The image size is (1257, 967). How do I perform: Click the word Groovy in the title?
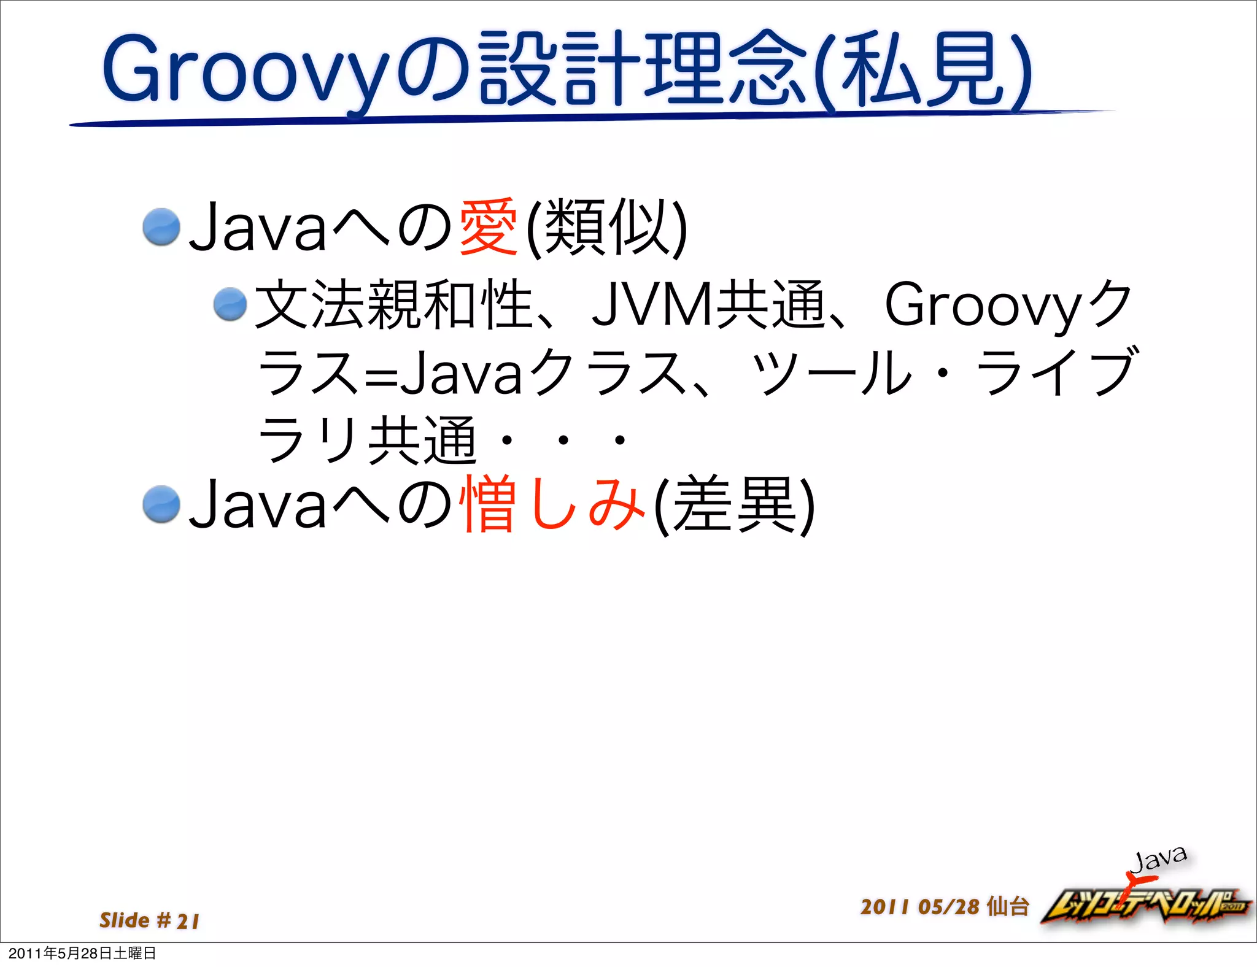click(246, 71)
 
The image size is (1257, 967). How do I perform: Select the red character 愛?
click(488, 228)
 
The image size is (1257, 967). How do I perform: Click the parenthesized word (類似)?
click(608, 228)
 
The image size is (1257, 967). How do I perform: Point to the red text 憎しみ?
click(552, 504)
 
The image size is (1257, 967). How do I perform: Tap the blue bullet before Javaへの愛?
click(161, 226)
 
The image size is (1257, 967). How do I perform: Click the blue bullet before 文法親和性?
click(230, 304)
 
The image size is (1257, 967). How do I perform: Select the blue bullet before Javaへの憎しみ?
click(161, 504)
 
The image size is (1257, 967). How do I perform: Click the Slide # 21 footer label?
click(149, 920)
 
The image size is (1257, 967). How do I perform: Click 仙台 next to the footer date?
click(1007, 907)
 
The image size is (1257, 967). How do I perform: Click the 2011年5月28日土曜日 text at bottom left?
click(82, 954)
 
